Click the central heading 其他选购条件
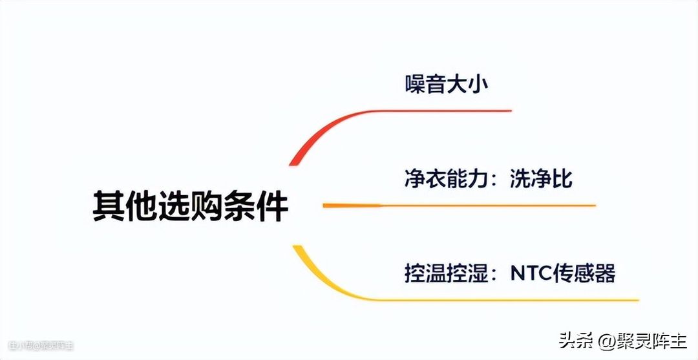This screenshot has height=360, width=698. tap(190, 206)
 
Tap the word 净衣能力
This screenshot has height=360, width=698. tap(445, 178)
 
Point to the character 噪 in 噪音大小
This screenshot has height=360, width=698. tap(416, 84)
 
